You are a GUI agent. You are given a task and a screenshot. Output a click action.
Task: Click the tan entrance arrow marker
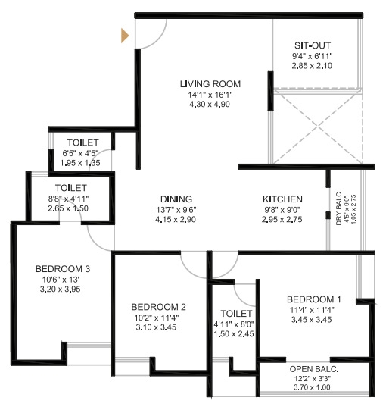point(124,36)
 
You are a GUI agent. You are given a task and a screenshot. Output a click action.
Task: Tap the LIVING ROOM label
point(210,84)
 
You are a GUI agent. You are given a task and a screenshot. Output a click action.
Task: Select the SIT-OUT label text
point(313,45)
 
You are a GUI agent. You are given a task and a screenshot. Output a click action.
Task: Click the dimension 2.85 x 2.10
point(312,66)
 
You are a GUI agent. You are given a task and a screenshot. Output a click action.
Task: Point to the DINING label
point(176,199)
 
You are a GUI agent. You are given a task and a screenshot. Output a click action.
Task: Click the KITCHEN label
point(282,199)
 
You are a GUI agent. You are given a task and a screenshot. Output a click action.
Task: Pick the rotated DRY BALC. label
point(339,208)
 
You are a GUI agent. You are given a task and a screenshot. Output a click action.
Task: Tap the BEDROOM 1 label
point(314,299)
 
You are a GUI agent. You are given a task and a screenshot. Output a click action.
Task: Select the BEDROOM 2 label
point(158,307)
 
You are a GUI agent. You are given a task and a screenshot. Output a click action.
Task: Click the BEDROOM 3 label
point(63,269)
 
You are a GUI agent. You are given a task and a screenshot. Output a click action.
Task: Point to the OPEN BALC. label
point(314,369)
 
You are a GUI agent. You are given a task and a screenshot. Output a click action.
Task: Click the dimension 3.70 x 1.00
point(312,387)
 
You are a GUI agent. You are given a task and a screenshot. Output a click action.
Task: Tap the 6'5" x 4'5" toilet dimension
point(80,153)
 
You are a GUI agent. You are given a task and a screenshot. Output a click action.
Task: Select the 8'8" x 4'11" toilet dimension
point(68,199)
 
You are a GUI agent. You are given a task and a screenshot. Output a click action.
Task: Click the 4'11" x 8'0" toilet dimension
point(234,324)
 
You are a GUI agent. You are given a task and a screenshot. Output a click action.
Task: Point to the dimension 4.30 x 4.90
point(210,105)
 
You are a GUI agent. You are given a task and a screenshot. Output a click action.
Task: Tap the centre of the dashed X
point(318,127)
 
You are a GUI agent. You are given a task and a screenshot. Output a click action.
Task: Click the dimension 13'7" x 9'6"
point(176,210)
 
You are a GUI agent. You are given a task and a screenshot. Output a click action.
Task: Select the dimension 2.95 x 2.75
point(282,219)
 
